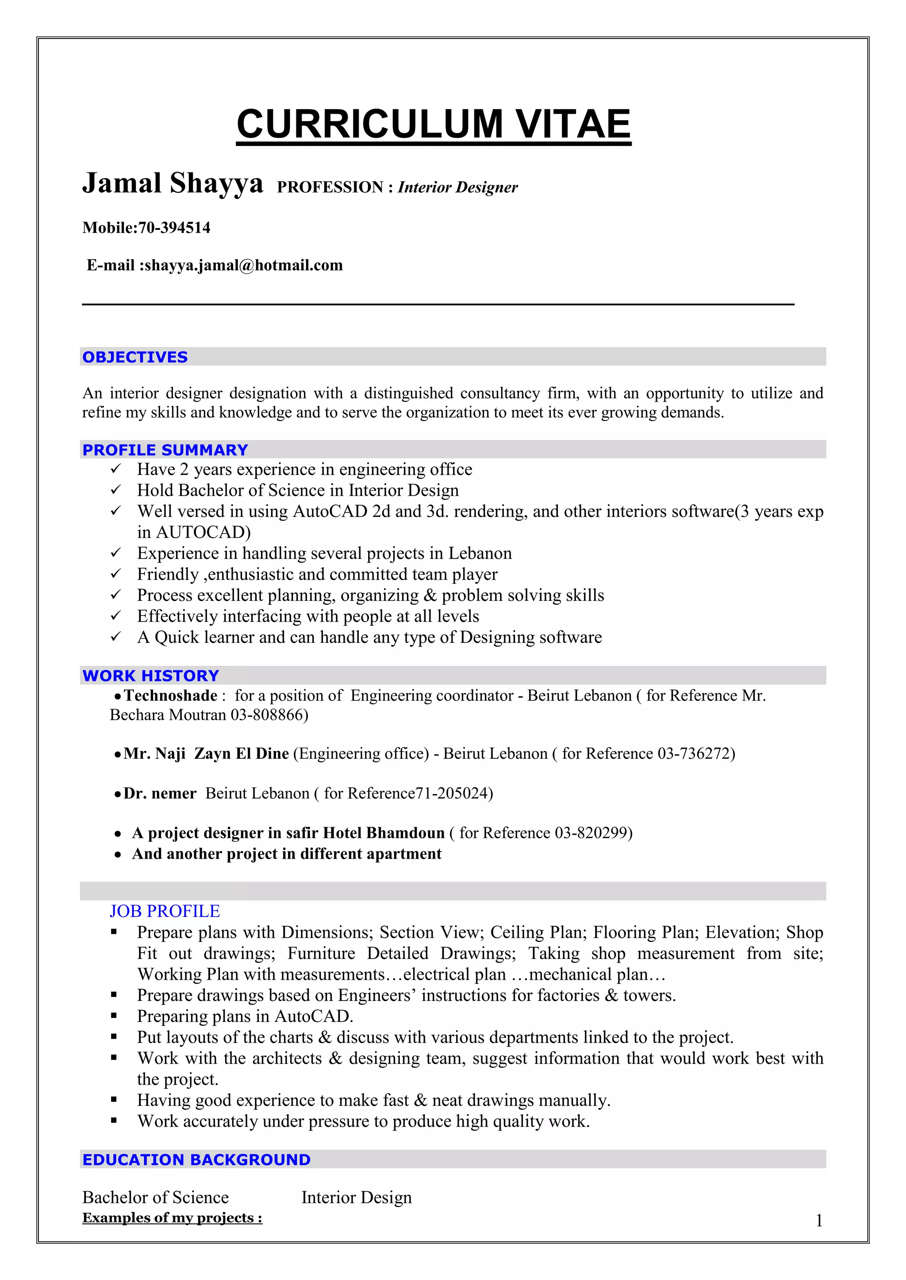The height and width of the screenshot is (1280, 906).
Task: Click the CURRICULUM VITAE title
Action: point(434,124)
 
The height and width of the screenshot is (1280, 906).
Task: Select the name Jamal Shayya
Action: point(173,183)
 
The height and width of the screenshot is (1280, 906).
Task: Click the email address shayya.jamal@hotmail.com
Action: point(243,265)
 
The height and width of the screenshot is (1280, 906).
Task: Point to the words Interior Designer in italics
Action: point(457,187)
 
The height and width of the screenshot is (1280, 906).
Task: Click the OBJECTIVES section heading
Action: point(135,357)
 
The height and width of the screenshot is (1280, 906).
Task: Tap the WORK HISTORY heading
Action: point(150,675)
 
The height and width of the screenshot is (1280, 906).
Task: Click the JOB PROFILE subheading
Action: point(165,911)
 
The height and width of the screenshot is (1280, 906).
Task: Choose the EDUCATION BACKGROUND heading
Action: point(196,1160)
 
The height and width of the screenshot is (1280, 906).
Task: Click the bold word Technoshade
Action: point(170,696)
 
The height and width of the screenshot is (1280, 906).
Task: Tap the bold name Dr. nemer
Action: point(160,793)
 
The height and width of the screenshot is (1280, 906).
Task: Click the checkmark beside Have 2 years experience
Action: point(115,469)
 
